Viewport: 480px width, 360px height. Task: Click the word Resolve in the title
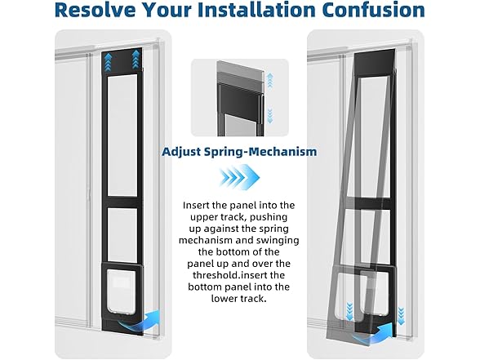click(96, 10)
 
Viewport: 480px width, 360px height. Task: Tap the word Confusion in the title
click(373, 10)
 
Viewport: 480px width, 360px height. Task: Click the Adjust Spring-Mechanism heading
click(239, 152)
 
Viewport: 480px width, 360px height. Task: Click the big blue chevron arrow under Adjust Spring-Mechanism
click(239, 177)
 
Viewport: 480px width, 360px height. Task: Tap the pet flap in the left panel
click(122, 290)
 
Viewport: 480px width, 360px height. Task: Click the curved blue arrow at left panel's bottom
click(140, 322)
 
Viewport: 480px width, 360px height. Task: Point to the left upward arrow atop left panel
click(108, 60)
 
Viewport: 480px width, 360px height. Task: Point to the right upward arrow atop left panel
click(136, 60)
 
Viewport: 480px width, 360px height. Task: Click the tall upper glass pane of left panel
click(122, 135)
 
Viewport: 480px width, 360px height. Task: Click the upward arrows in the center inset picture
click(269, 80)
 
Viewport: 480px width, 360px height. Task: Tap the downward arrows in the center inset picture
click(269, 115)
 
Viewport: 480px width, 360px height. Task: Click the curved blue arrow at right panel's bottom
click(374, 334)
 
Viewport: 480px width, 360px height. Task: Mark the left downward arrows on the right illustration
click(349, 311)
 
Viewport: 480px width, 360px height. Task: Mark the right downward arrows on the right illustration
click(401, 316)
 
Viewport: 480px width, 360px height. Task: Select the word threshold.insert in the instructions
click(239, 275)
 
